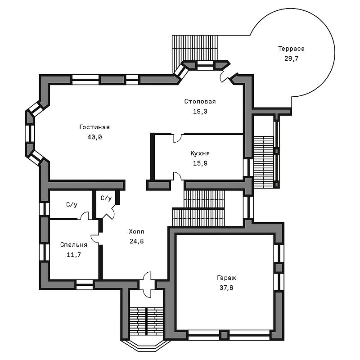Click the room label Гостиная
pos(94,127)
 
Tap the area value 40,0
pos(94,137)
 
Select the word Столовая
pos(200,101)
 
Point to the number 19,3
pos(200,111)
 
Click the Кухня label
pos(200,153)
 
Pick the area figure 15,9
pos(200,163)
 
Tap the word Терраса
pos(291,49)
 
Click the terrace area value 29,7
pos(291,58)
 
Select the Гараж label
pos(226,278)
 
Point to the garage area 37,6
pos(226,288)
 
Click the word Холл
pos(137,231)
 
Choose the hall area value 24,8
pos(137,241)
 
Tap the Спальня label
pos(74,245)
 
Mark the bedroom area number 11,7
pos(74,255)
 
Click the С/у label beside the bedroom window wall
pos(72,204)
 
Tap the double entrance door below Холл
pos(147,285)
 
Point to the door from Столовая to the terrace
pos(224,76)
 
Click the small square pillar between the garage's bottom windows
pos(224,335)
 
